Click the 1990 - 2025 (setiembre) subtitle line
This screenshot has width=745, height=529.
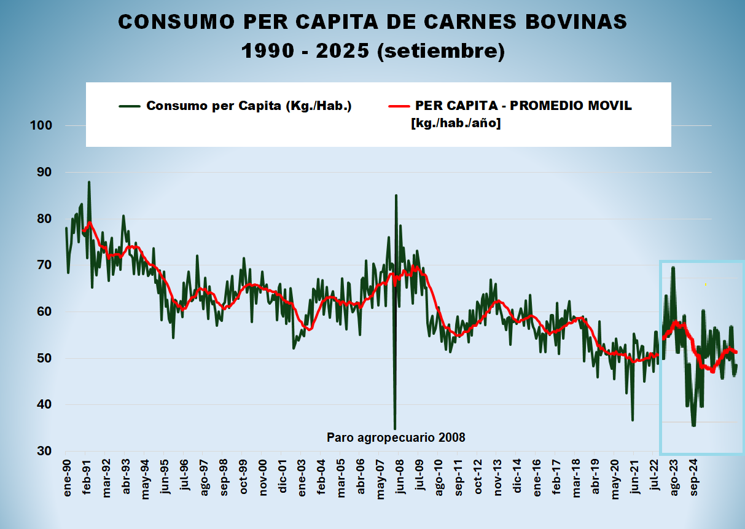[373, 51]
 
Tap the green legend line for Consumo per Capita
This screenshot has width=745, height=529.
[130, 106]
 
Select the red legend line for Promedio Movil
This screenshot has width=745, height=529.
[399, 106]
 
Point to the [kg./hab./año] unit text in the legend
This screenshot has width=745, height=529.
[456, 123]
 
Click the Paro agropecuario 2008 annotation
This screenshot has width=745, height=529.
[396, 438]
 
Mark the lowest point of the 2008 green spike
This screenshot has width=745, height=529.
[394, 428]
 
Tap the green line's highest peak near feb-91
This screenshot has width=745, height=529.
[89, 182]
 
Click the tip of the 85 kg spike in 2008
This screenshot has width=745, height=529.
[396, 195]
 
